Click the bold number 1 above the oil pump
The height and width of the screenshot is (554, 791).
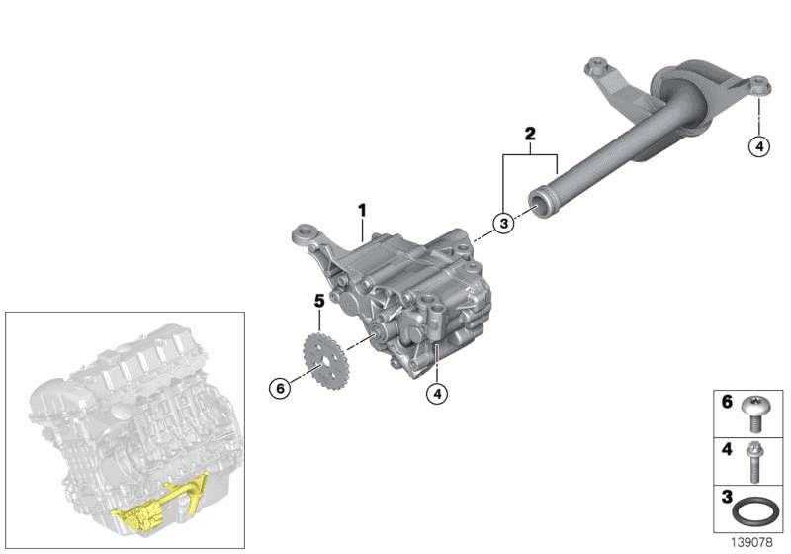click(362, 210)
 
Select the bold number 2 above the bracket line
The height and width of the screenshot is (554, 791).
click(530, 133)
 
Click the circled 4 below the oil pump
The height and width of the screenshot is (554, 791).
click(435, 393)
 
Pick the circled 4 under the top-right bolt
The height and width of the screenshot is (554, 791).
click(758, 146)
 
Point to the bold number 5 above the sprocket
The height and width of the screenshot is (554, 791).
click(319, 299)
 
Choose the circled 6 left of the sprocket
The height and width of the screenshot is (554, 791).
click(281, 389)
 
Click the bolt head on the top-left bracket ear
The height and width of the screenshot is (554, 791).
click(595, 66)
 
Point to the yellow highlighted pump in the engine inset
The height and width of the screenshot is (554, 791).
click(142, 516)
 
